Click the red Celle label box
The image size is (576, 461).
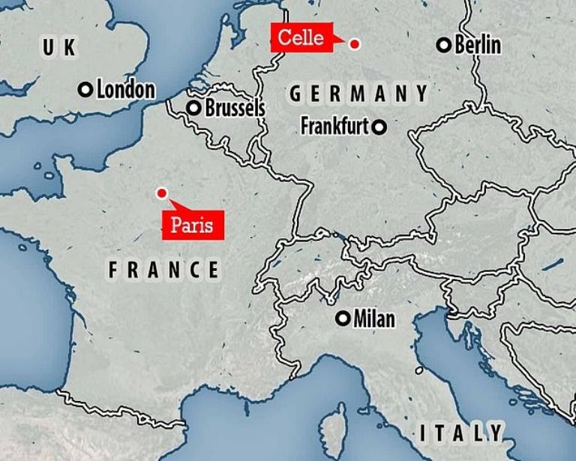[301, 38]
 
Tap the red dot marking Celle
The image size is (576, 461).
[355, 44]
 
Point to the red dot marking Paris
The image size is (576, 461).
[160, 194]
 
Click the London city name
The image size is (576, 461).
[125, 90]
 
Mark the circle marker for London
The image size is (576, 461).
[85, 90]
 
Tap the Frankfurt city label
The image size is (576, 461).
[334, 126]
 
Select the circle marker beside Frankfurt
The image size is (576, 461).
[380, 127]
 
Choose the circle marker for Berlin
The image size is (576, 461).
[444, 46]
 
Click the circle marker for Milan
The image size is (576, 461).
[343, 319]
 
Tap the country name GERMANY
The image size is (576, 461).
[358, 94]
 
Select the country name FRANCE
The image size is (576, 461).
[163, 270]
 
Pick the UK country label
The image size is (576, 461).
[59, 49]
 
